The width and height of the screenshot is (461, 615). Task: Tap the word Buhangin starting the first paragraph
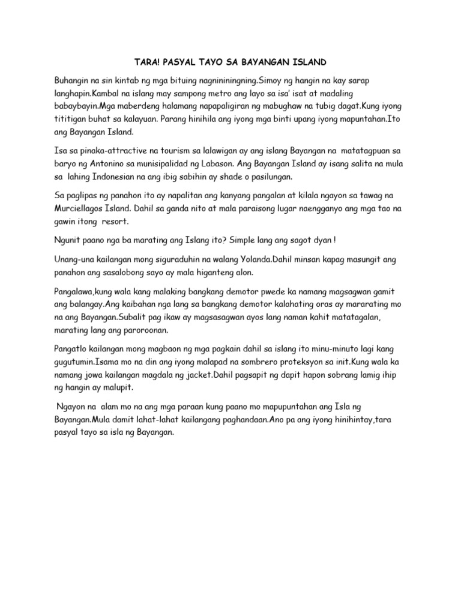70,80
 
